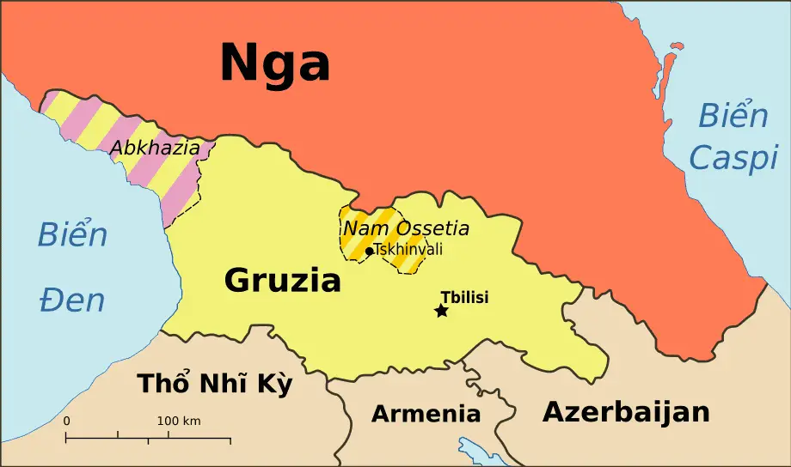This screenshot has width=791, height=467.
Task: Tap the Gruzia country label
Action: coord(282,280)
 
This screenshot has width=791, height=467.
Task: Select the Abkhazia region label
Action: coord(155,148)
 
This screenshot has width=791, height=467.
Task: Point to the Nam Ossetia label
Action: coord(406,228)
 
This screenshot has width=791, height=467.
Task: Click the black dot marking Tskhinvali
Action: coord(370,251)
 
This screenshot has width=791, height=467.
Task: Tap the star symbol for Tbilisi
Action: coord(442,311)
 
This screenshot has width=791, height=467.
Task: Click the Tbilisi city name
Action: coord(464,297)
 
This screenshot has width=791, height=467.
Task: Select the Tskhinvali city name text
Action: coord(408,250)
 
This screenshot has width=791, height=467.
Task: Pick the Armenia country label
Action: coord(426,414)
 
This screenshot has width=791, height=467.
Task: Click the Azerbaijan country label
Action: coord(626,412)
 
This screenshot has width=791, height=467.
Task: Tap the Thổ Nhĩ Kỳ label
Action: coord(215,385)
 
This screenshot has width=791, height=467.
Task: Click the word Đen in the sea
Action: coord(72,300)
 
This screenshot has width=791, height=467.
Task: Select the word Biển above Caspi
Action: coord(732,115)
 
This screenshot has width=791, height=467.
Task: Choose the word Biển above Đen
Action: coord(72,234)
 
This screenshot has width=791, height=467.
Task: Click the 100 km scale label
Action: coord(179,422)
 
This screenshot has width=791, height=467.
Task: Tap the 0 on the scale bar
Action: coord(67,422)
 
